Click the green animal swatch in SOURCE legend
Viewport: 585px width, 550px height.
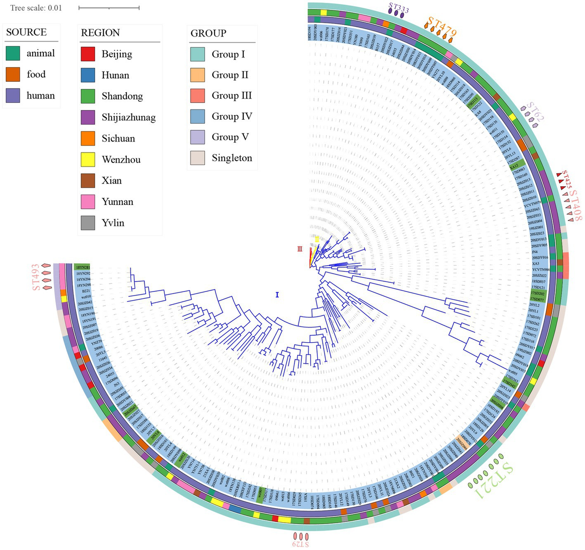(13, 54)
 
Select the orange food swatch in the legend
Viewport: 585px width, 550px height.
(13, 74)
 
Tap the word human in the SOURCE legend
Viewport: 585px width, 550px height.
(40, 96)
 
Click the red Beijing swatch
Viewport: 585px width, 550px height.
(88, 54)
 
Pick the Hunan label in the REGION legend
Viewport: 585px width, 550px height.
(116, 75)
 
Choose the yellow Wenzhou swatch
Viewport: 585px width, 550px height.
(88, 160)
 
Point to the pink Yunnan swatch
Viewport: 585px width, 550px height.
(88, 202)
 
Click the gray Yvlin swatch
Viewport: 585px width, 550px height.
(88, 223)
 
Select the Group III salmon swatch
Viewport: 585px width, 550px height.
(197, 96)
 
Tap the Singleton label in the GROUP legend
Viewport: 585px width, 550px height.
(232, 158)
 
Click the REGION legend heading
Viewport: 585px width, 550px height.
(100, 33)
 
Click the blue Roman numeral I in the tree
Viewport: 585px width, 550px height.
(277, 294)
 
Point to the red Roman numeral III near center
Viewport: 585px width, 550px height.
(300, 249)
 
